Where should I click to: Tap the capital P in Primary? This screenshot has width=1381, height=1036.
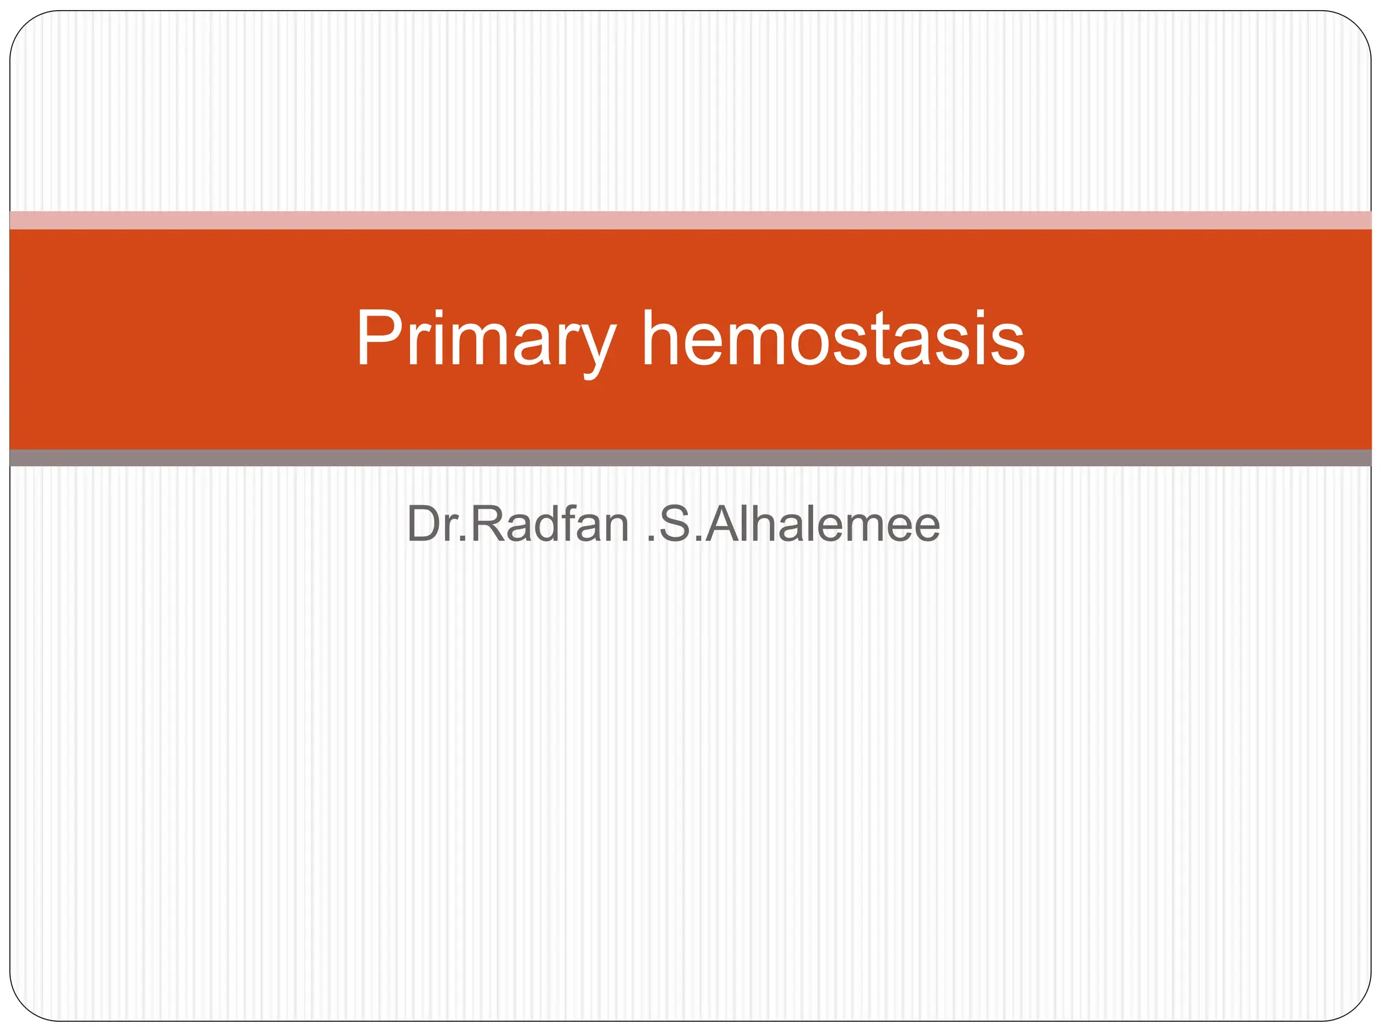[380, 339]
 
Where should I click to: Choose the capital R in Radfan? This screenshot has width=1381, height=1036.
[486, 524]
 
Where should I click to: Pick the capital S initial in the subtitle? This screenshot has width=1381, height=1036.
[676, 524]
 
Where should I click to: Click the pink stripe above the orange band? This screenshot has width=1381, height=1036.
[690, 220]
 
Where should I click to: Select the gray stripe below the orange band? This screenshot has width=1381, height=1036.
[690, 458]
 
